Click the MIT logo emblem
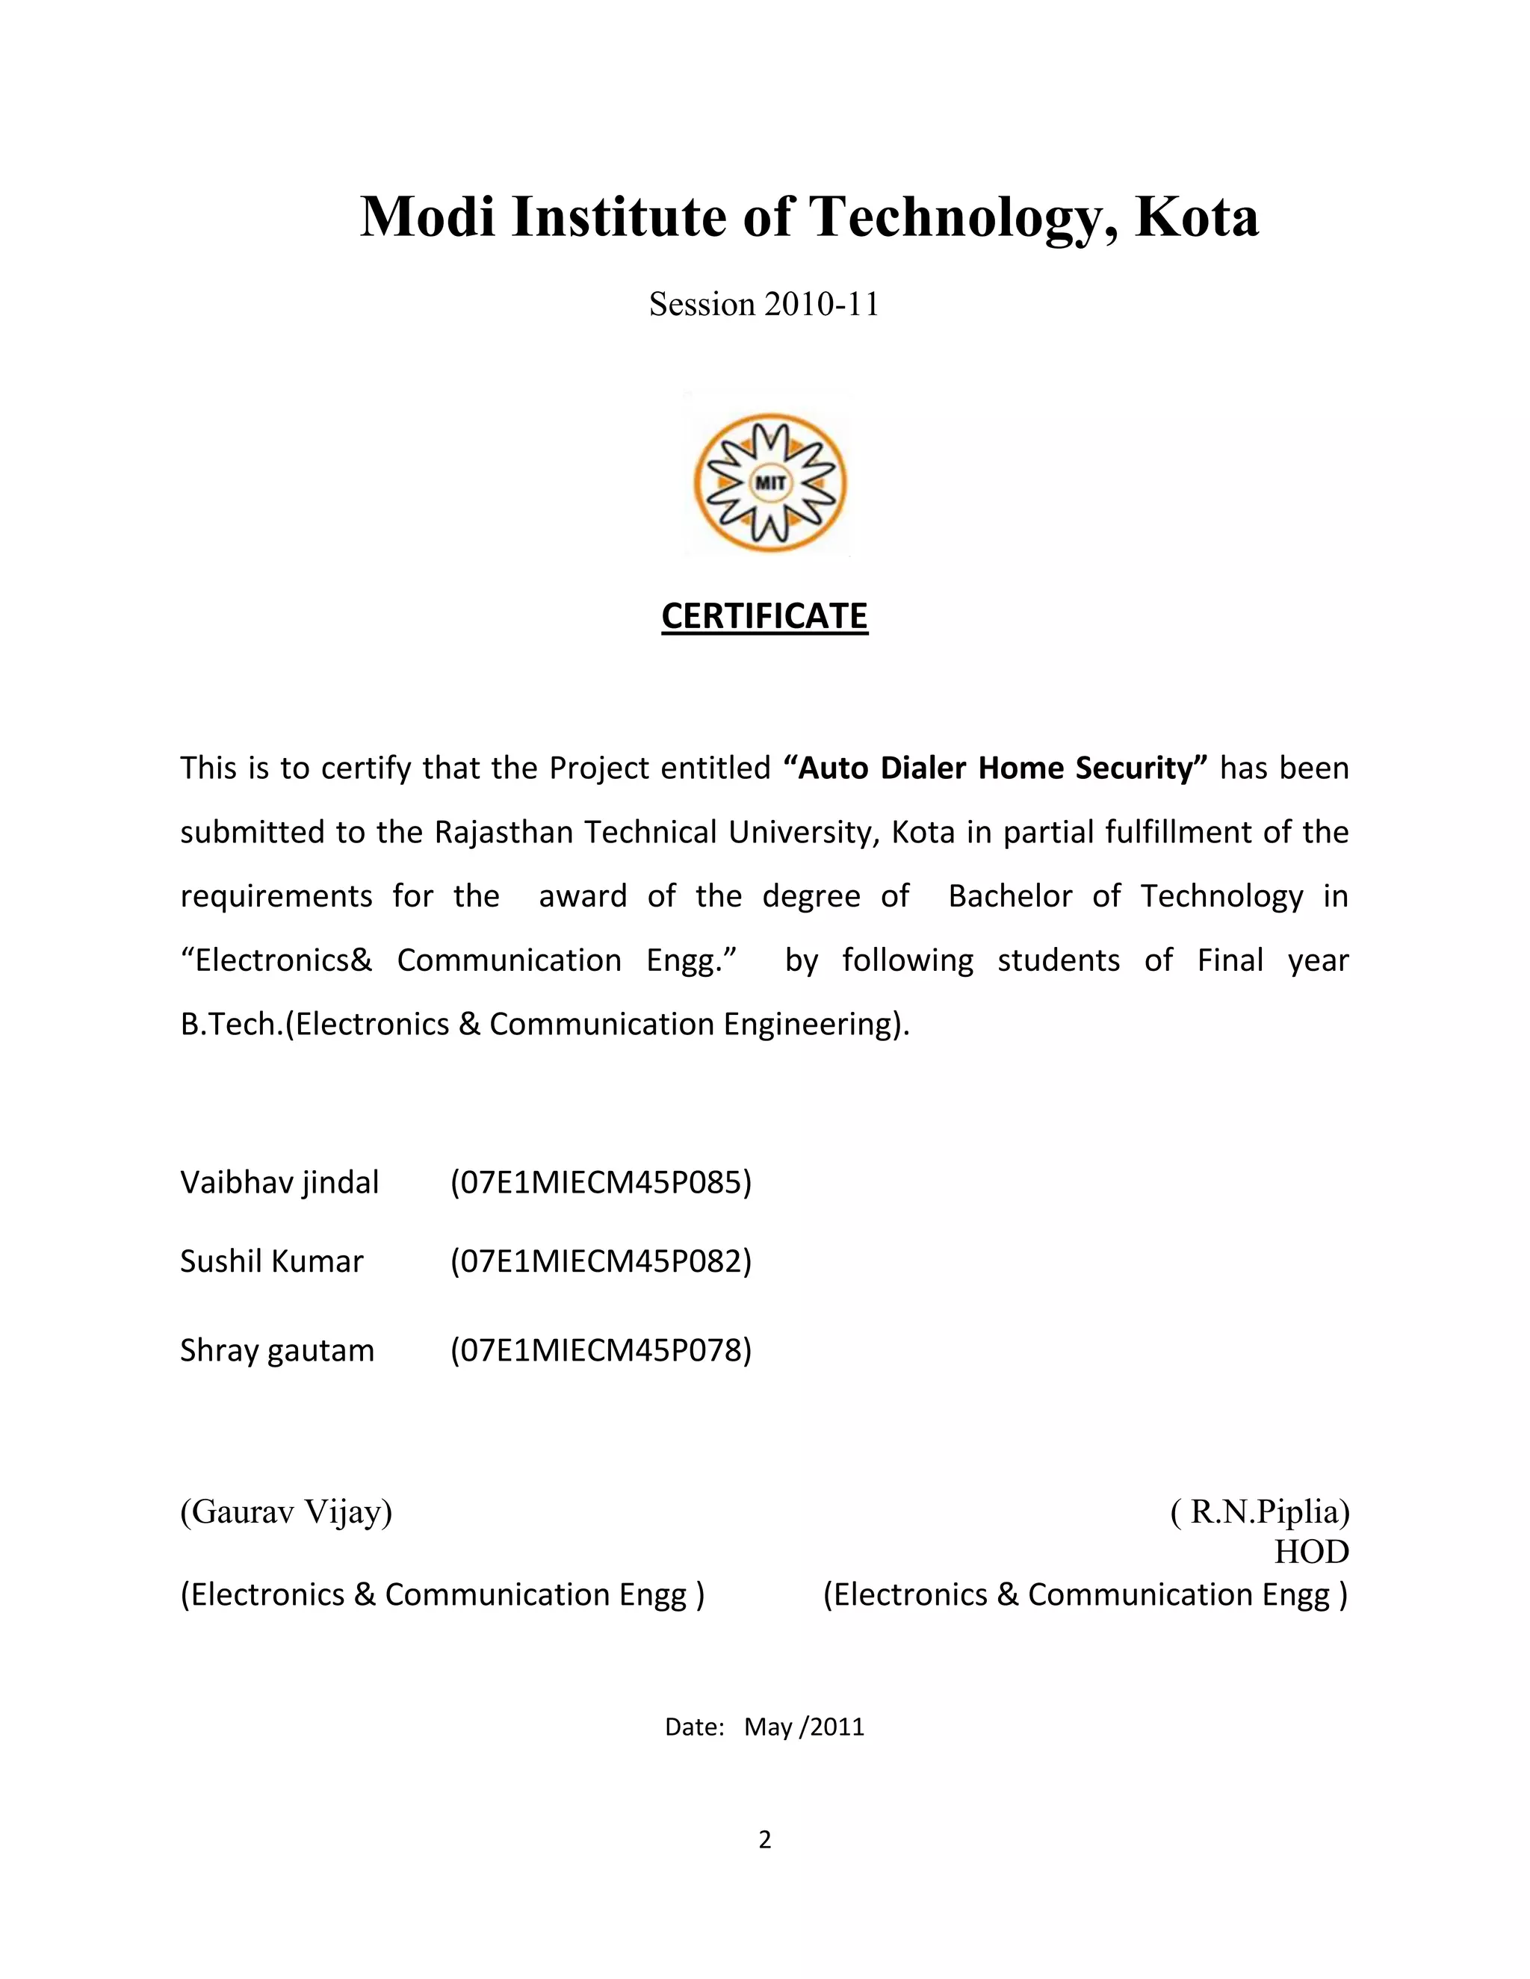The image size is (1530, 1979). [769, 483]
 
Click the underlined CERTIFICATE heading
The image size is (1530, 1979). [764, 616]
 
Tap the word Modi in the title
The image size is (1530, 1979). [428, 217]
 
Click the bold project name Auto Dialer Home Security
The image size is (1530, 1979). [995, 768]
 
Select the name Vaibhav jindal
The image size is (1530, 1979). [279, 1182]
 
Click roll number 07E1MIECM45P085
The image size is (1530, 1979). [601, 1182]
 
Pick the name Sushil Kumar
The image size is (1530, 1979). [271, 1261]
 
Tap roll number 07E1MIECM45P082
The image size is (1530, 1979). [601, 1261]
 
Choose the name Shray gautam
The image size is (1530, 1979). [276, 1350]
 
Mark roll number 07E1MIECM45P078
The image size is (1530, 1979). [601, 1350]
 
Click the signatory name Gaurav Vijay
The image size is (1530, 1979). [286, 1512]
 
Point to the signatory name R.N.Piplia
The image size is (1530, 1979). [1260, 1512]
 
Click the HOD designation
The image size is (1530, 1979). [1310, 1553]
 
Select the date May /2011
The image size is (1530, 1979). [803, 1727]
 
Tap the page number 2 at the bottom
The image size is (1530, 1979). [764, 1840]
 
